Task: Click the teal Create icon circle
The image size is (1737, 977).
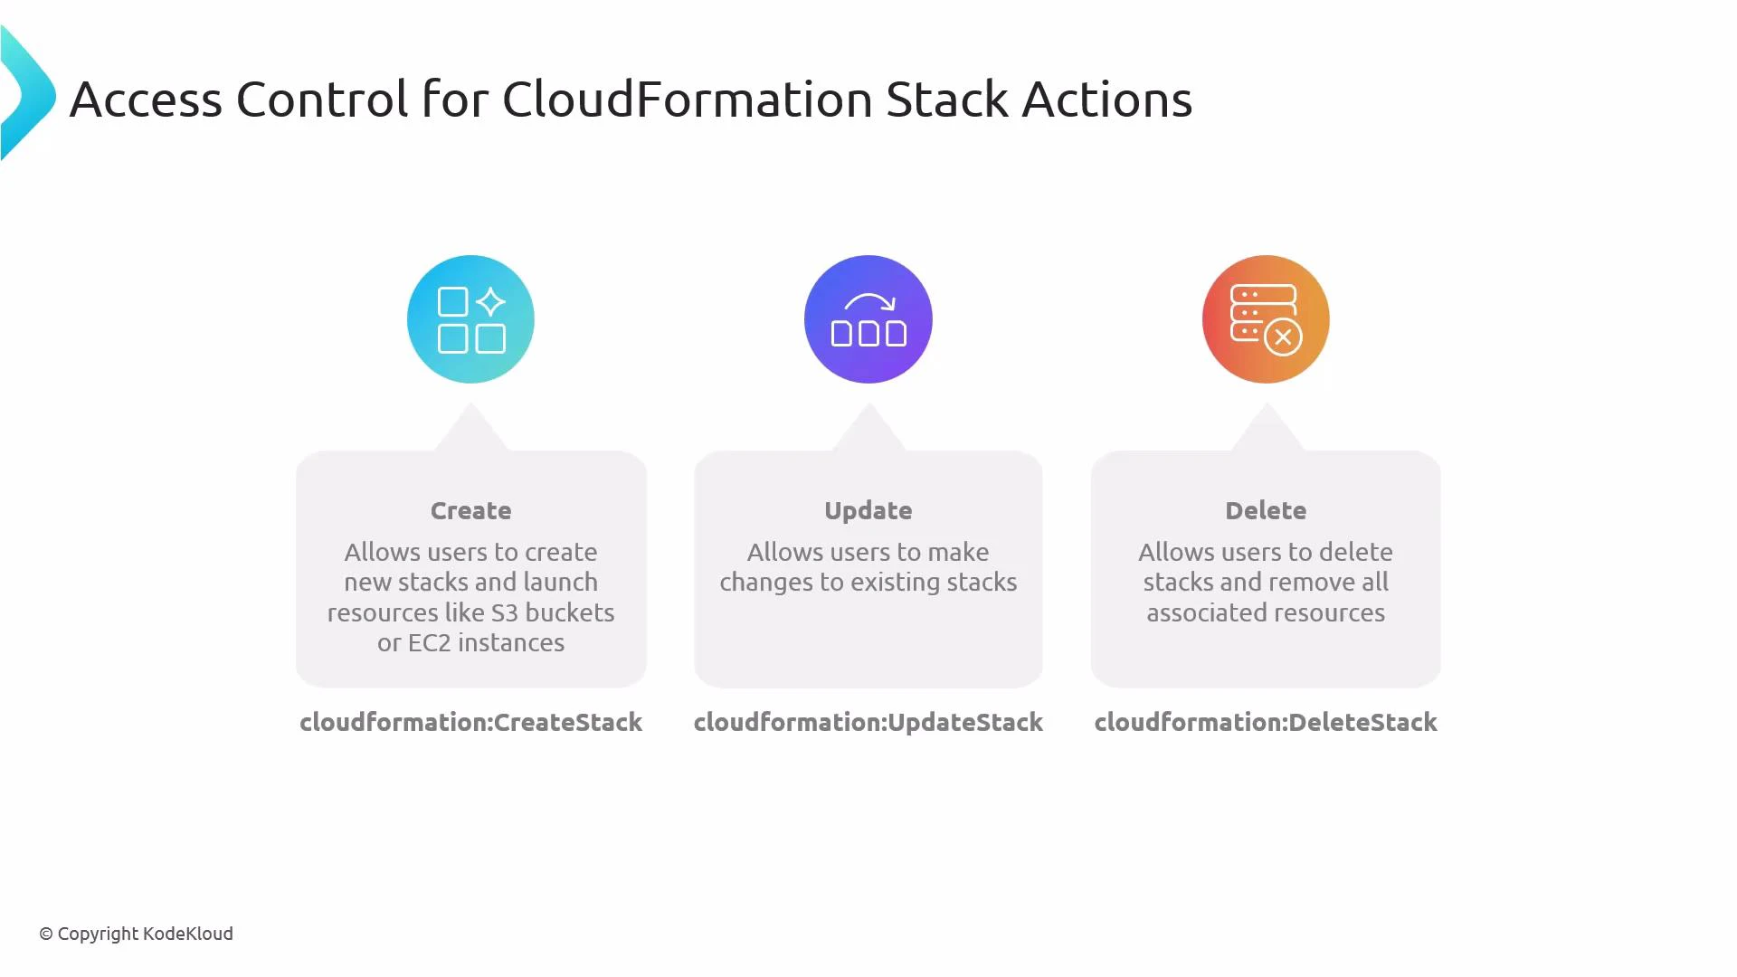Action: click(x=470, y=319)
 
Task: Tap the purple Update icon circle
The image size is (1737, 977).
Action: click(x=868, y=319)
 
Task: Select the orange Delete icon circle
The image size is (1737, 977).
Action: click(x=1266, y=319)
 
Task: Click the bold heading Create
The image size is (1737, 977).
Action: click(x=470, y=511)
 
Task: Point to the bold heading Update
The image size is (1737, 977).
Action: click(x=868, y=511)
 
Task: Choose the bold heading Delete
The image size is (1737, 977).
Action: click(x=1266, y=511)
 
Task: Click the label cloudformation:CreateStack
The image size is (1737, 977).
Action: click(x=470, y=722)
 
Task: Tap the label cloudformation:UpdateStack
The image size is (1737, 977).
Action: click(x=868, y=722)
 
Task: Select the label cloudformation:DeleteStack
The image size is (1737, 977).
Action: click(x=1266, y=722)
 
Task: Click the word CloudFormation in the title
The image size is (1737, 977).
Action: click(x=687, y=99)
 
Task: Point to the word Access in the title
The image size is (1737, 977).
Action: click(x=146, y=99)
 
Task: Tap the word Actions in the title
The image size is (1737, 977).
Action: click(x=1106, y=99)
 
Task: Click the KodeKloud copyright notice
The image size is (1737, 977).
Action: click(x=136, y=934)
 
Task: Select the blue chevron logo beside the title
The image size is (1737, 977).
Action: click(x=27, y=93)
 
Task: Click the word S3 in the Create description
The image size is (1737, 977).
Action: click(x=505, y=612)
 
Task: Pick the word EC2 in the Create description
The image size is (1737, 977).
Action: click(x=430, y=642)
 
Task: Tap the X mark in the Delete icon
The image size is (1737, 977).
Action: click(x=1283, y=337)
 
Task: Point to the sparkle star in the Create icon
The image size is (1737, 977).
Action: click(x=490, y=301)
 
